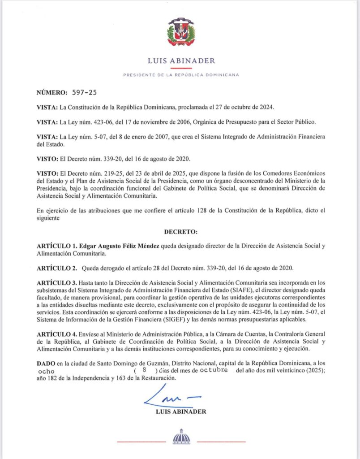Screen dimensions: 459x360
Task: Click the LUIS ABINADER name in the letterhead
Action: pos(181,61)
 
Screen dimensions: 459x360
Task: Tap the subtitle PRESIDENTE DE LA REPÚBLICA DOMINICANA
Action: pos(181,75)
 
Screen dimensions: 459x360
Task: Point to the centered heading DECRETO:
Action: pos(180,234)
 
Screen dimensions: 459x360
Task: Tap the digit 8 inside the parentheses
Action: pos(144,372)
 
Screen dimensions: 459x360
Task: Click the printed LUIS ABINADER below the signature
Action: pos(180,411)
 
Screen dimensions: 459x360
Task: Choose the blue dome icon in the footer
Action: pos(181,436)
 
